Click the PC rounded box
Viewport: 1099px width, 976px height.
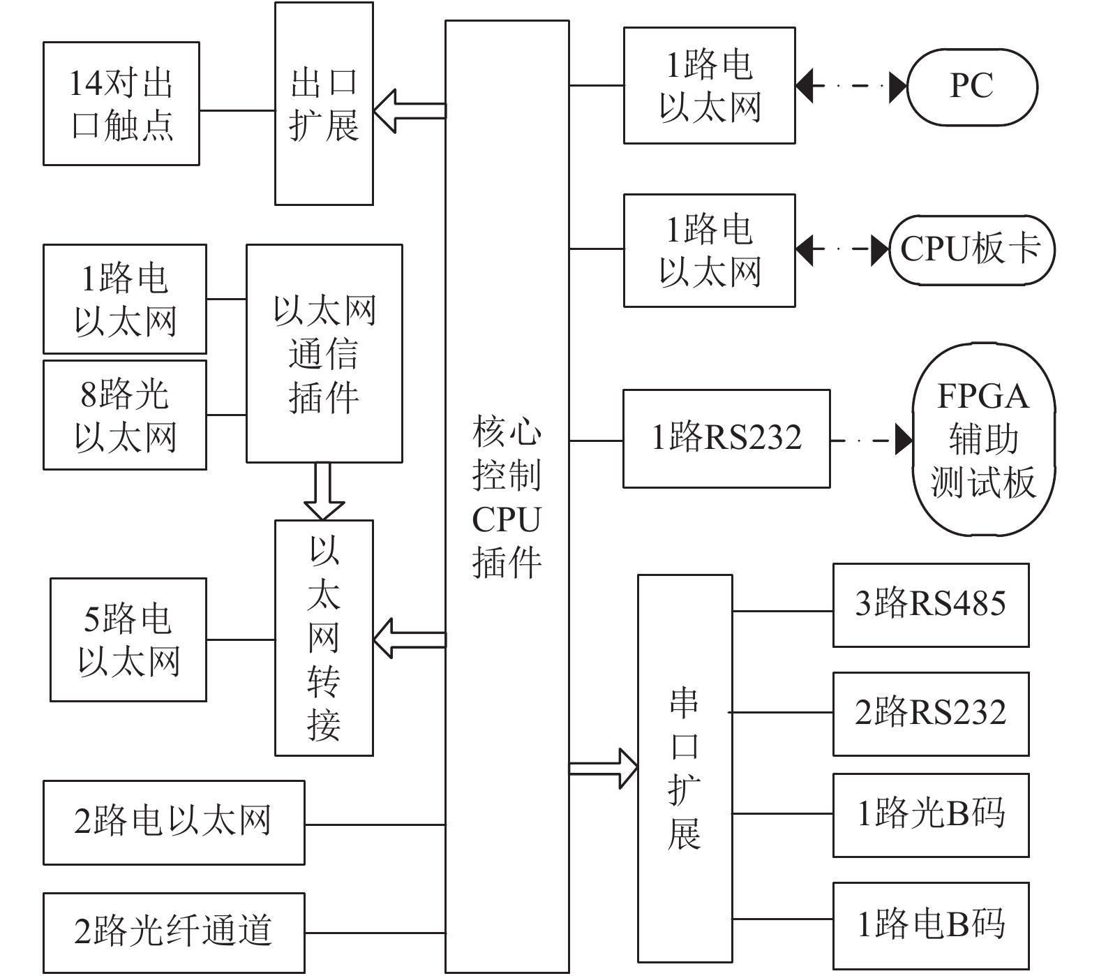[972, 87]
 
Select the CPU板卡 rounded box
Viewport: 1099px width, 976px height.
[972, 250]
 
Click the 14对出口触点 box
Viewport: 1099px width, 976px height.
[121, 103]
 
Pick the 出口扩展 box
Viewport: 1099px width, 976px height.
[324, 103]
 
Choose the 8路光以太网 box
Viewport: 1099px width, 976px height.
[125, 415]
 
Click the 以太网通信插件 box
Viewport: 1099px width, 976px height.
[324, 353]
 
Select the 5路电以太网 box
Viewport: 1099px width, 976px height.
[128, 639]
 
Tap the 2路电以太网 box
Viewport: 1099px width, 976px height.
[174, 822]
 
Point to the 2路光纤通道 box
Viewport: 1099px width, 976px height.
[174, 933]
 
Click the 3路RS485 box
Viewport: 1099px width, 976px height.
[931, 605]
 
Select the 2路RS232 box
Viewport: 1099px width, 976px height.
[931, 713]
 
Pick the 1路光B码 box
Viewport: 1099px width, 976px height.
[931, 815]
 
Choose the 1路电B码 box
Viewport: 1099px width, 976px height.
[931, 925]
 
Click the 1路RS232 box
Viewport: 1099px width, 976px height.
[726, 438]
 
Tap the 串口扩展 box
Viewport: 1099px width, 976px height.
[685, 768]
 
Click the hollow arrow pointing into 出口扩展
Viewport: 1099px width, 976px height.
[410, 111]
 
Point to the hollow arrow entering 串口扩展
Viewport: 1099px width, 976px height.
[604, 768]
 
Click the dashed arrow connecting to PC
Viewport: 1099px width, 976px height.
[851, 87]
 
